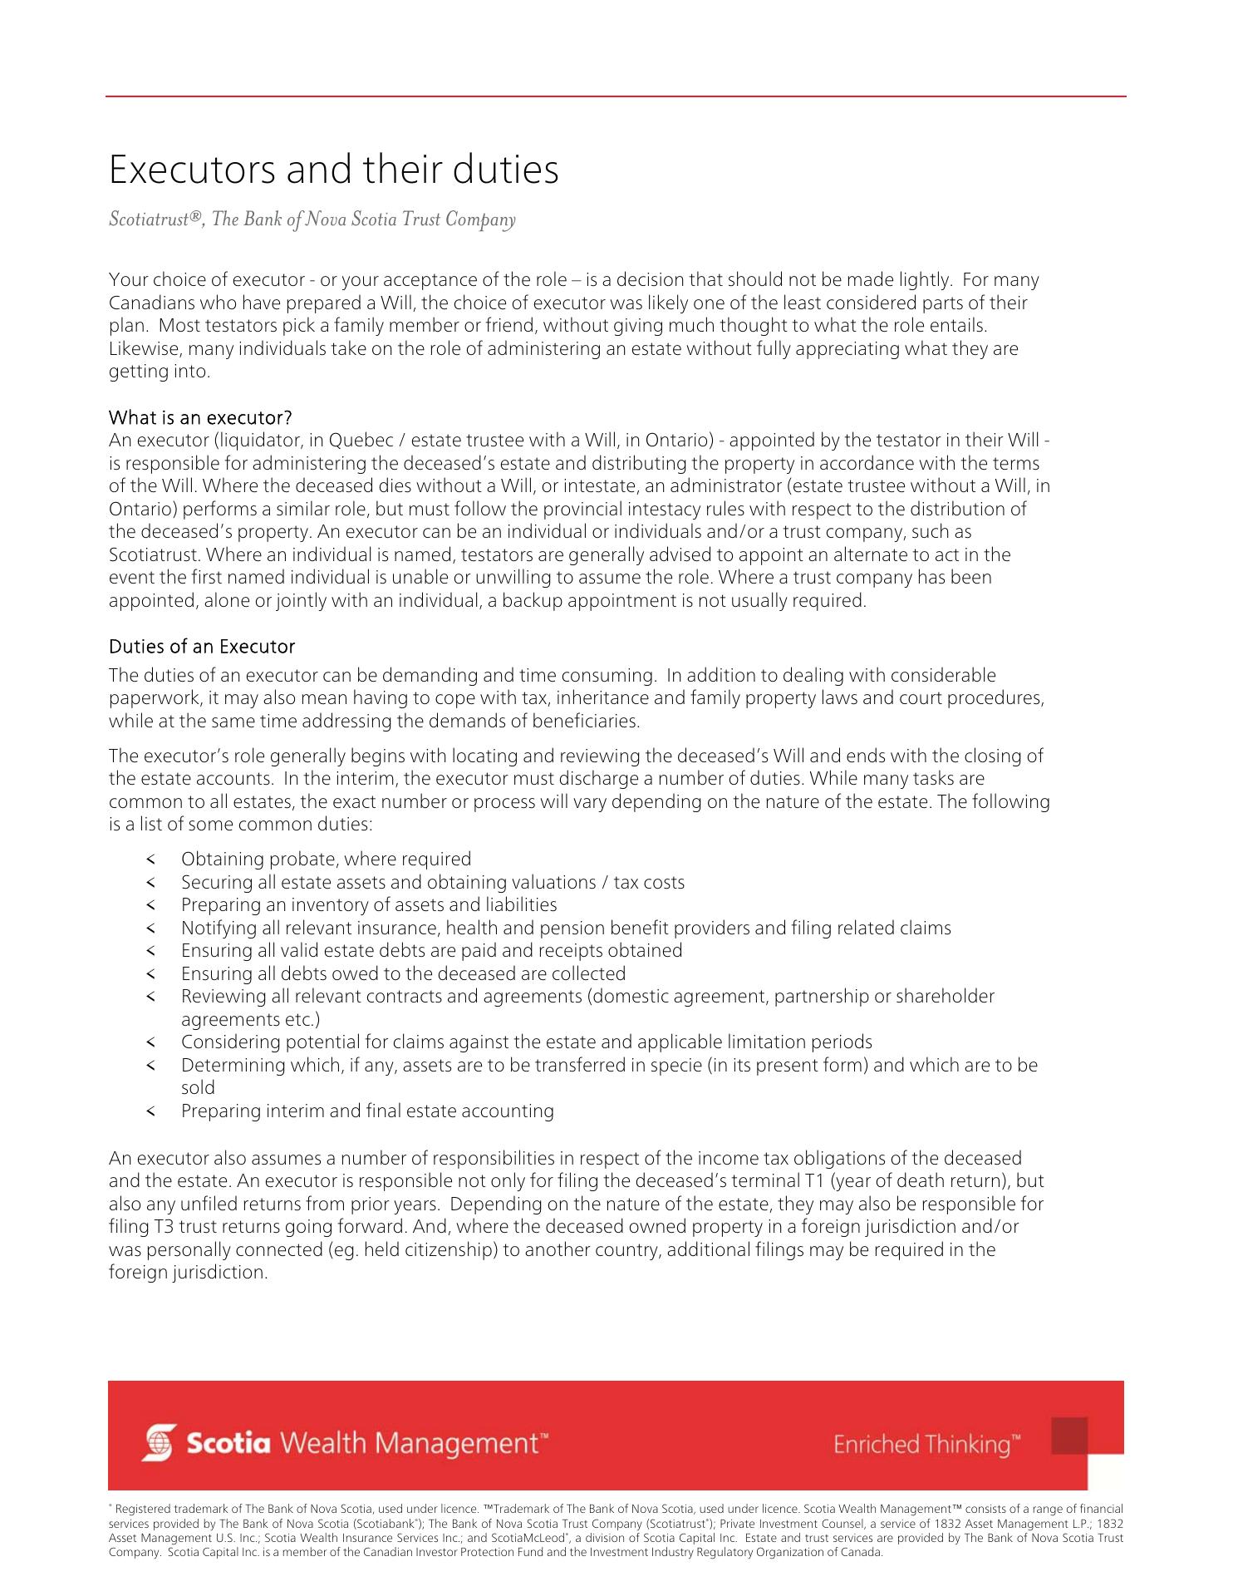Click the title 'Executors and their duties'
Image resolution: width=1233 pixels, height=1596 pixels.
click(334, 170)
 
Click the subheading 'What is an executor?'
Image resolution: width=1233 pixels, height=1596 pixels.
click(200, 417)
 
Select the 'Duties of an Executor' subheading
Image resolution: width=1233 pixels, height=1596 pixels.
click(202, 647)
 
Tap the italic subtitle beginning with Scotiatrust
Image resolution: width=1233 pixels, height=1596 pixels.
click(312, 219)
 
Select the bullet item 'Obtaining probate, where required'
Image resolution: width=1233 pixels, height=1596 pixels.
click(326, 859)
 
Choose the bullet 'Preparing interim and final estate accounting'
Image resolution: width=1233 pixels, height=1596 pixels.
click(367, 1111)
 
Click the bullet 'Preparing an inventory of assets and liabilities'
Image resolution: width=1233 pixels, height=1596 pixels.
click(369, 904)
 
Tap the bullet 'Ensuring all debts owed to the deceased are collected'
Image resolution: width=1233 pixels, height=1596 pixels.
click(403, 973)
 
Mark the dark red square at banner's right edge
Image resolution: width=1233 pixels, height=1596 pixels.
click(1069, 1436)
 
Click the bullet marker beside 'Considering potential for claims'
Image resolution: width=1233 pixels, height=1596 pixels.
click(150, 1042)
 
